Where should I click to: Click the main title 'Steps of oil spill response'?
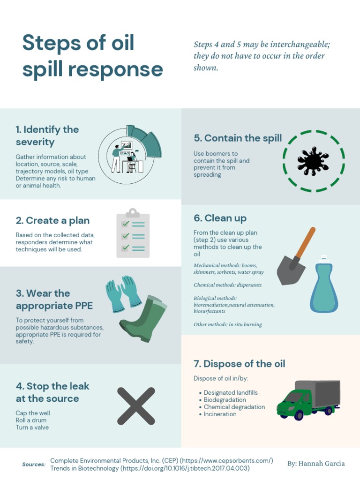click(92, 56)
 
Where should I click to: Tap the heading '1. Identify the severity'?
click(47, 136)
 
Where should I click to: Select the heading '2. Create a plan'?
click(52, 220)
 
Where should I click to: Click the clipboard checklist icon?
click(133, 233)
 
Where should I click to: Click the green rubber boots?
click(143, 319)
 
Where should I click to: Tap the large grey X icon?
click(136, 406)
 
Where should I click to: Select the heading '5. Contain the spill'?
click(238, 138)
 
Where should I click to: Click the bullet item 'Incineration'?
click(220, 414)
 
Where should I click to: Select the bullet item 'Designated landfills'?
click(231, 393)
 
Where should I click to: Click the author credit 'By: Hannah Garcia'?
click(316, 464)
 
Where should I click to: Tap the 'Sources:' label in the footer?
click(34, 465)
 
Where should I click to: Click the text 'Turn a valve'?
click(32, 427)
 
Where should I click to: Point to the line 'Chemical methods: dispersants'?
click(227, 285)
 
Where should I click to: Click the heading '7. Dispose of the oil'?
click(239, 364)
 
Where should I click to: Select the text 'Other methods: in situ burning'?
click(227, 324)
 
